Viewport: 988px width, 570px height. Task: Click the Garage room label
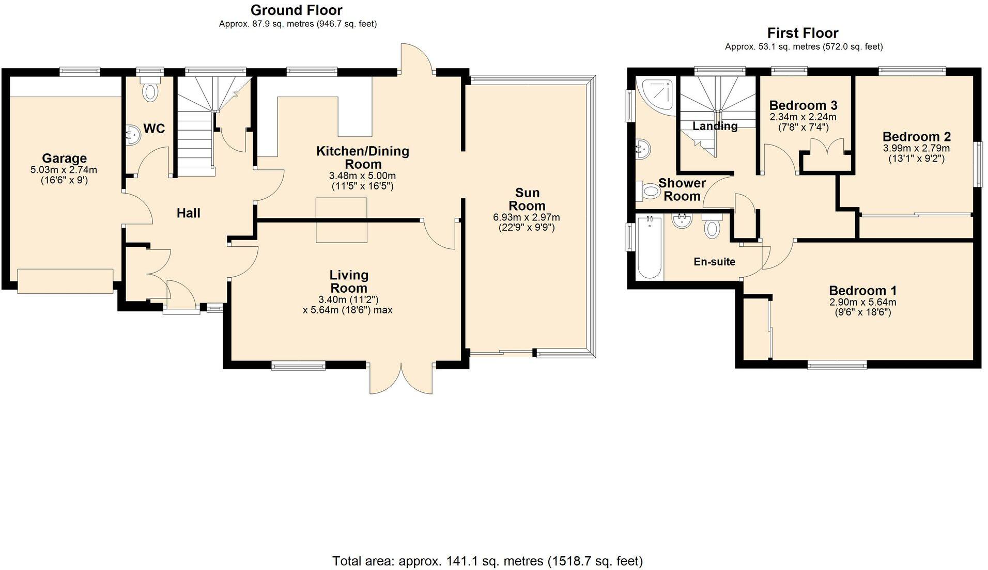tap(64, 159)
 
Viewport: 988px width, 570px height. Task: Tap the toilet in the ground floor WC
tap(150, 91)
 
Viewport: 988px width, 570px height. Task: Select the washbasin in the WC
tap(132, 136)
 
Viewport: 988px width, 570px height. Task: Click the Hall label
tap(188, 213)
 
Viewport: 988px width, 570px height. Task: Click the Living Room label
tap(349, 281)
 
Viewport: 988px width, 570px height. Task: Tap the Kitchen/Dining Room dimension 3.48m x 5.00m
tap(362, 176)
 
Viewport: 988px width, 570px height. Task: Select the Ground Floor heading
tap(296, 10)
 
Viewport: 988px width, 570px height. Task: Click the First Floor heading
tap(802, 33)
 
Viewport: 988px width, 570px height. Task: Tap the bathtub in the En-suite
tap(650, 248)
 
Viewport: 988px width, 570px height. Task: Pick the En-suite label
tap(714, 262)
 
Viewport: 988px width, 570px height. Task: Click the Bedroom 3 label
tap(803, 106)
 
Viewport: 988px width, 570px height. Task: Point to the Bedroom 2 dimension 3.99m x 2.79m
tap(916, 148)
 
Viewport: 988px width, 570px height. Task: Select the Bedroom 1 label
tap(862, 291)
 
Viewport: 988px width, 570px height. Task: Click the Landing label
tap(715, 126)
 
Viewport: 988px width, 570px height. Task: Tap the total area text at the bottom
tap(487, 561)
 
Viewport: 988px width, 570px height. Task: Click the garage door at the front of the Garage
tap(65, 281)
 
